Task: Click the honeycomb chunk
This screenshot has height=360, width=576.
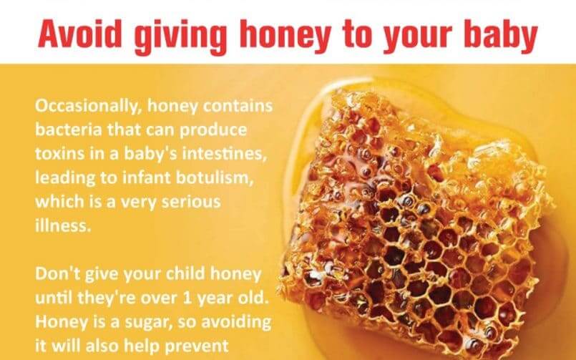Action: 422,215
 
